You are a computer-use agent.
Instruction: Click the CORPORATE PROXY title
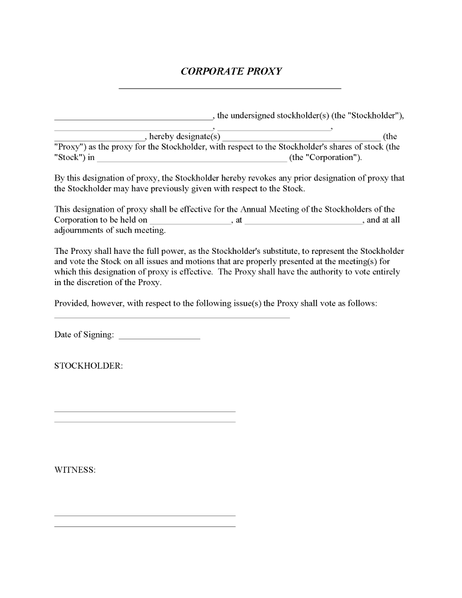click(231, 71)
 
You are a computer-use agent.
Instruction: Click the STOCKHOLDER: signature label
click(88, 366)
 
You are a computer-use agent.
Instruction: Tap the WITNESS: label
click(75, 470)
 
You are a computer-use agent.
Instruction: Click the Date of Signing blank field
click(159, 338)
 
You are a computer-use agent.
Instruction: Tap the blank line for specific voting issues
click(172, 317)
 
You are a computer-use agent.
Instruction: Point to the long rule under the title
click(230, 88)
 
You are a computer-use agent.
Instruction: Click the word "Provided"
click(71, 303)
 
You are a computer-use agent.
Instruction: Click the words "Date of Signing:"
click(84, 335)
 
